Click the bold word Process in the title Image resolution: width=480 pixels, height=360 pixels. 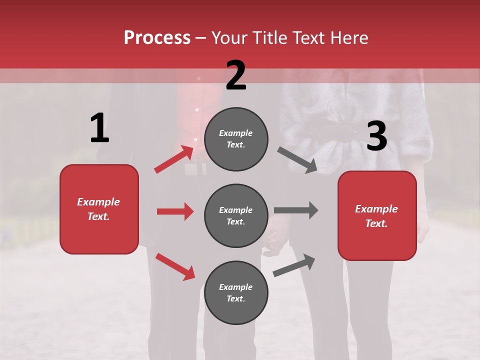click(157, 38)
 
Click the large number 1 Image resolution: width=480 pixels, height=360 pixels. click(99, 128)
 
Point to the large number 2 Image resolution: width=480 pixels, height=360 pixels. click(236, 75)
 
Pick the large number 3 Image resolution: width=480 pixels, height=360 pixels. click(376, 136)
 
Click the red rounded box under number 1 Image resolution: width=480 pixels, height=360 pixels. click(99, 209)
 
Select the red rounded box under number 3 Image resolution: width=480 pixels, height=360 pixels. click(377, 215)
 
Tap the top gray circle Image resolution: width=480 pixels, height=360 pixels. click(236, 139)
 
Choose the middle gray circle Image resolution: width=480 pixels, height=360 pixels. click(236, 215)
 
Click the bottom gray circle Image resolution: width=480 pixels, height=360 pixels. click(236, 292)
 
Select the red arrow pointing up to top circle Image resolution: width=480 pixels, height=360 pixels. click(174, 159)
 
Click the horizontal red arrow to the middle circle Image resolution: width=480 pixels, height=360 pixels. click(175, 211)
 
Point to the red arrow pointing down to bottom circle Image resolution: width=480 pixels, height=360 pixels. click(175, 266)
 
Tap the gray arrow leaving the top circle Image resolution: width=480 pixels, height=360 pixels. click(297, 160)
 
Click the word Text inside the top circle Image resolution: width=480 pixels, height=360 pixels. click(235, 145)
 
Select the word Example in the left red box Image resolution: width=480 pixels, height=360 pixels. click(98, 202)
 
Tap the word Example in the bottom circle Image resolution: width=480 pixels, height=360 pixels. click(236, 287)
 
